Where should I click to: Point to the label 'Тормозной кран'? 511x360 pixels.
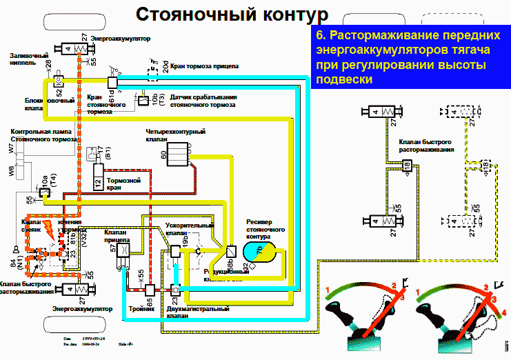coord(124,184)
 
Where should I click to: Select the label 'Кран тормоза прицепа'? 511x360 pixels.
coord(205,64)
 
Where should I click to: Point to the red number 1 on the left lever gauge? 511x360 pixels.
coord(329,288)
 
